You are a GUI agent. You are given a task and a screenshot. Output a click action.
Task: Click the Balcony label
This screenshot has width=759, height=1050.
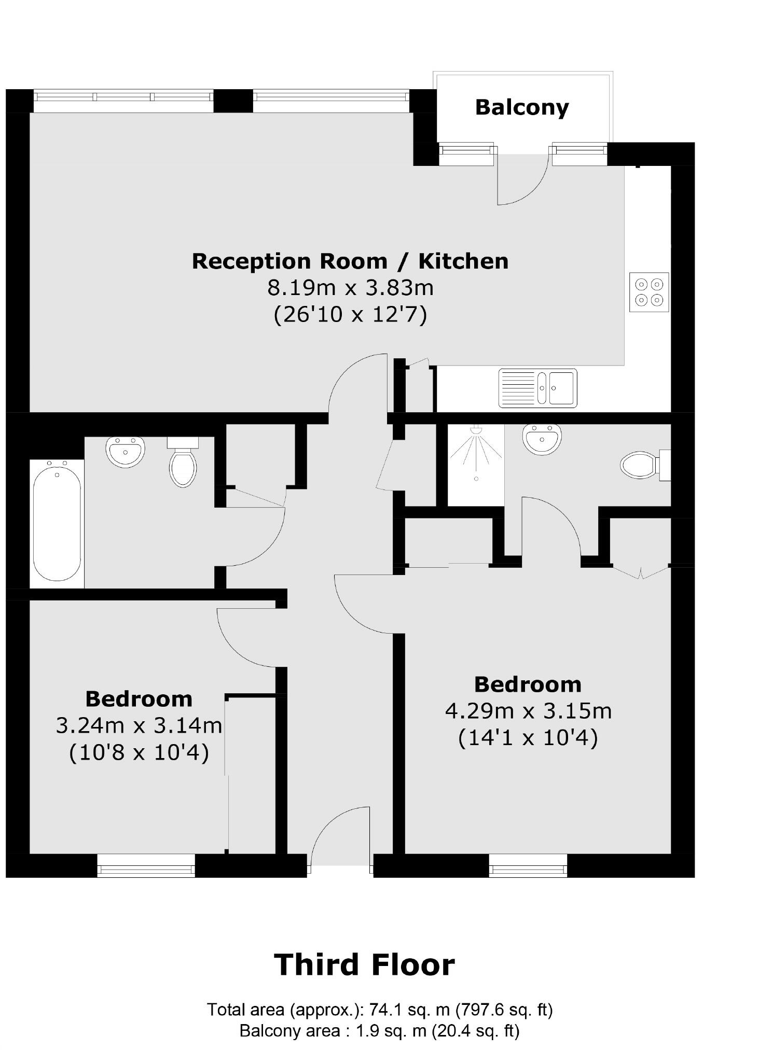click(x=521, y=108)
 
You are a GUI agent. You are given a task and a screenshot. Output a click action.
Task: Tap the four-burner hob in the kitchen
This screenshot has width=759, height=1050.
click(x=648, y=292)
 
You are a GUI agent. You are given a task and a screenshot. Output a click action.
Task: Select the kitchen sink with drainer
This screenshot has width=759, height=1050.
click(x=537, y=388)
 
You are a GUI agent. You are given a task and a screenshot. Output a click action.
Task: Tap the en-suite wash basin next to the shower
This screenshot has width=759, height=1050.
click(x=542, y=439)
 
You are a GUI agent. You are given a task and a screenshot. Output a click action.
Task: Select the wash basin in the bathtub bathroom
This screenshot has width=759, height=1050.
click(x=125, y=451)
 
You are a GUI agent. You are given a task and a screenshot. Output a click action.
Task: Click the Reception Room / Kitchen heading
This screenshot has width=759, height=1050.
click(x=350, y=261)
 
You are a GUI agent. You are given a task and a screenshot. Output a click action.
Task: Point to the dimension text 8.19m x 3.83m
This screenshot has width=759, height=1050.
click(x=350, y=287)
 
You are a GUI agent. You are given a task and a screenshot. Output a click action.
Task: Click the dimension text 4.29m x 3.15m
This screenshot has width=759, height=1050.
click(x=528, y=710)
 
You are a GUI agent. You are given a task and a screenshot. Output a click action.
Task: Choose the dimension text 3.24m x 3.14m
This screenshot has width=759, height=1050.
click(x=139, y=725)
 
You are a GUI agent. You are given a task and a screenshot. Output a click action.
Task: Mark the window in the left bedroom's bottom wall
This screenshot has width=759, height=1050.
click(x=146, y=865)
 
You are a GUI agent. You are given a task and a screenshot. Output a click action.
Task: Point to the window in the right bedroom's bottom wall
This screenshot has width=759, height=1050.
click(x=528, y=865)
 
